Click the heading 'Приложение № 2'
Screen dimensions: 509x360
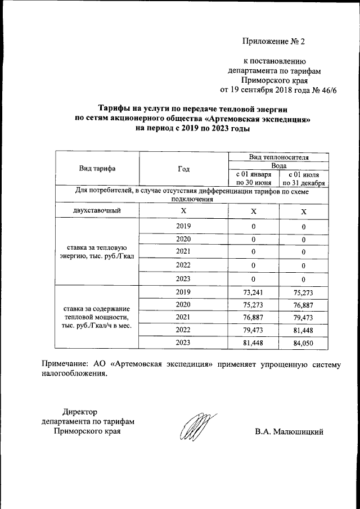click(x=273, y=42)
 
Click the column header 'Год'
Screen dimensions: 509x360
click(x=183, y=169)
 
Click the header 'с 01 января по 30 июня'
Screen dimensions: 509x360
click(x=254, y=178)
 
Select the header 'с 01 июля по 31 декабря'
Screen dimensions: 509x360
click(x=304, y=178)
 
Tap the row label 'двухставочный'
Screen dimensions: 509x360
click(x=97, y=211)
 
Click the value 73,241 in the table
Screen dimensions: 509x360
click(x=254, y=292)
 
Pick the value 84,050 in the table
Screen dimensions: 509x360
click(x=303, y=343)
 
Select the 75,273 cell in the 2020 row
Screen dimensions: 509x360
click(x=254, y=304)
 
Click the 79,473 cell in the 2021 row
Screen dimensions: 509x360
click(x=303, y=317)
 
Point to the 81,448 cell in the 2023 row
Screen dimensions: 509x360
click(x=254, y=343)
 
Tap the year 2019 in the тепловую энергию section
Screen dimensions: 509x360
click(x=183, y=226)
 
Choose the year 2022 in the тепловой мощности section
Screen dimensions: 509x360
click(x=183, y=330)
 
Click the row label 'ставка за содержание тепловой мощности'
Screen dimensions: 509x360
click(x=97, y=318)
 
